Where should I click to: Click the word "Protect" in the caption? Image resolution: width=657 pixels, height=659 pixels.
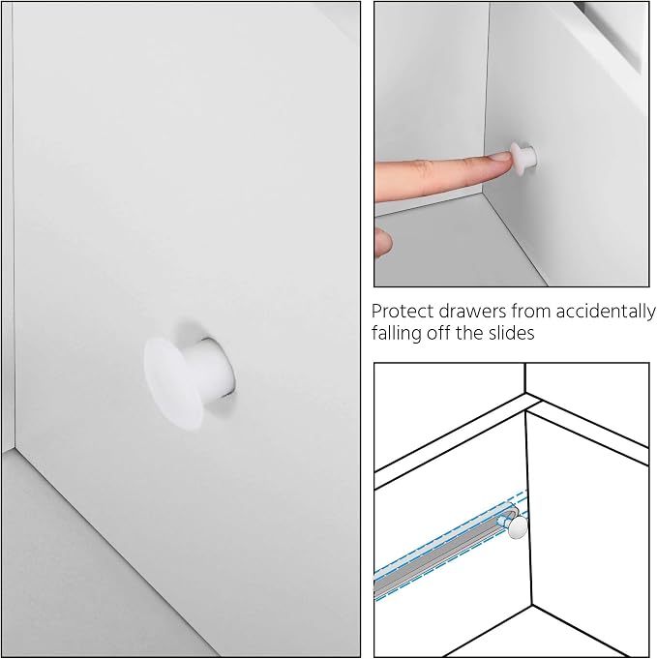click(x=397, y=312)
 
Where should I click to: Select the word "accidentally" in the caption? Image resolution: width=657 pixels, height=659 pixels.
click(x=606, y=312)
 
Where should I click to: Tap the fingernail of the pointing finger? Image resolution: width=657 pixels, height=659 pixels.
click(x=500, y=158)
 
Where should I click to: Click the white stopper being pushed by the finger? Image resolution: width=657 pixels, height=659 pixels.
click(x=523, y=160)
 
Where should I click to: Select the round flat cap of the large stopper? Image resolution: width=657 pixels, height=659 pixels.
click(x=172, y=384)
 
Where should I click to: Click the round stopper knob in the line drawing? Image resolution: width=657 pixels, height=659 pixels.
click(x=518, y=527)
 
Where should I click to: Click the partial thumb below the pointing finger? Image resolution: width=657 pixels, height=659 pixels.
click(x=382, y=242)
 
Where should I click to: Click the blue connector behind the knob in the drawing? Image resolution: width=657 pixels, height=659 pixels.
click(x=503, y=522)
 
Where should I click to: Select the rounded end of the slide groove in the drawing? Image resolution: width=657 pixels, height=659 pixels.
click(x=514, y=511)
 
